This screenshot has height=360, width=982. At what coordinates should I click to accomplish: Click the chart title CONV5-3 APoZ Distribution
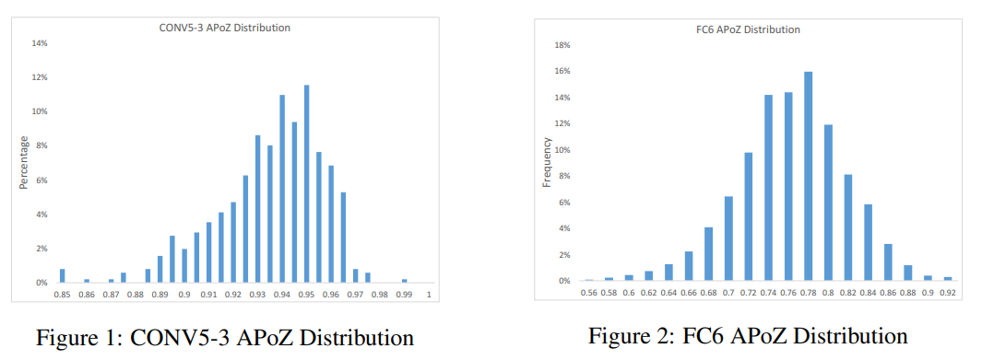tap(225, 28)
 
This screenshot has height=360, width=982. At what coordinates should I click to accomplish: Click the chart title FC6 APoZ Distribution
tap(748, 29)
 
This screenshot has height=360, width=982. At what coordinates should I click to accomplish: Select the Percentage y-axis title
tap(23, 164)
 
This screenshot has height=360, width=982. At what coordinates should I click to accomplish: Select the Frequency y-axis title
tap(546, 163)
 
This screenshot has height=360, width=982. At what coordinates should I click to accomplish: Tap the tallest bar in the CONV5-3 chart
tap(306, 184)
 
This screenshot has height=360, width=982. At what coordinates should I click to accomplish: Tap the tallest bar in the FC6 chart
tap(808, 176)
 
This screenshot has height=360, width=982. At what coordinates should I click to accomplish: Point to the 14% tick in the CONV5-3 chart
tap(41, 43)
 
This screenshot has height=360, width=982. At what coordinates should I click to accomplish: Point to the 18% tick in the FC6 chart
tap(562, 45)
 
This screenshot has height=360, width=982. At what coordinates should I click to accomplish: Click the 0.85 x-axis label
tap(62, 295)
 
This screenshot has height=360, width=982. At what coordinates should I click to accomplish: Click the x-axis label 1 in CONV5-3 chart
tap(429, 295)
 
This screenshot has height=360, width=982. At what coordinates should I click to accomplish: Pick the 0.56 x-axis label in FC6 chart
tap(588, 292)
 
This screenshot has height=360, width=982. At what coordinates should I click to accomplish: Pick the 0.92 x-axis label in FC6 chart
tap(947, 292)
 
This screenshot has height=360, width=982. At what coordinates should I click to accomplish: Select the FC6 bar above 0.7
tap(728, 238)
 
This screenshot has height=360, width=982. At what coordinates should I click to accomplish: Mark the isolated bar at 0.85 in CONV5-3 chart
tap(62, 276)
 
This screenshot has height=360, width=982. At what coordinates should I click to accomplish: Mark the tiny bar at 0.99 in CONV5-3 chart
tap(404, 281)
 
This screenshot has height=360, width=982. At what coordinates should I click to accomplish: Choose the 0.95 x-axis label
tap(306, 295)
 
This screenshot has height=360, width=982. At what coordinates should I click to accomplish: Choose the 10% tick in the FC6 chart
tap(562, 150)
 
